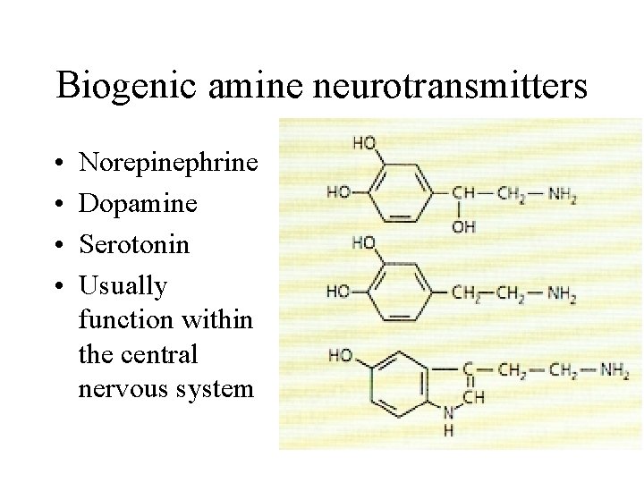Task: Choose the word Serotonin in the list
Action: [x=134, y=244]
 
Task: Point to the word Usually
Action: [x=123, y=286]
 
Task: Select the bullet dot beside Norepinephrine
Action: [x=58, y=165]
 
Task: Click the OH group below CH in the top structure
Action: [x=464, y=227]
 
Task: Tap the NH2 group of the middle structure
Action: [x=560, y=293]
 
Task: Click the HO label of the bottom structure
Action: [x=340, y=355]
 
